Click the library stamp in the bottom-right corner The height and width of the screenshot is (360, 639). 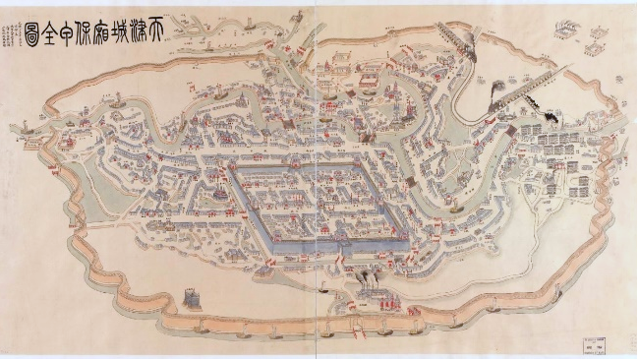(592, 340)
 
